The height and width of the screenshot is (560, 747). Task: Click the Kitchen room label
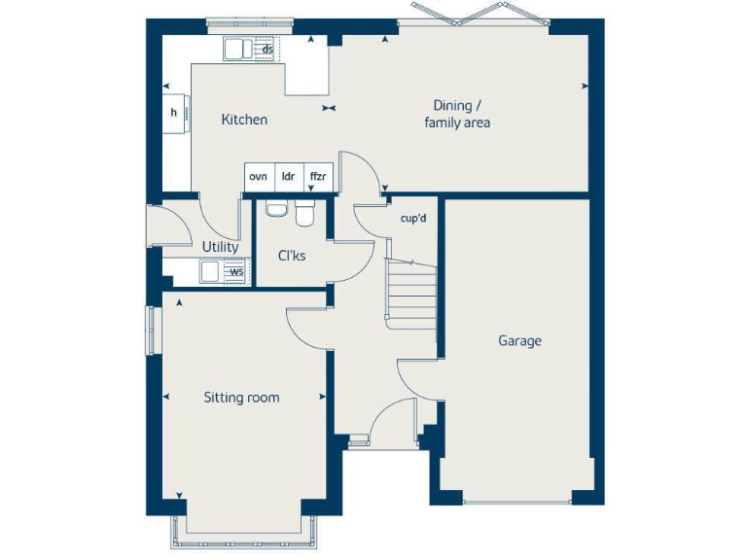pyautogui.click(x=244, y=120)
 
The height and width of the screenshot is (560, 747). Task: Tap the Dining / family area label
pyautogui.click(x=456, y=114)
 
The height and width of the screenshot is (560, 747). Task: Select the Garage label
pyautogui.click(x=519, y=341)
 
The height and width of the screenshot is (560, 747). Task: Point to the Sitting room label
pyautogui.click(x=241, y=398)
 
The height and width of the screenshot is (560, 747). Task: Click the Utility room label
pyautogui.click(x=220, y=247)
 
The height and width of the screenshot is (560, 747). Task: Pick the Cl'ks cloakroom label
pyautogui.click(x=292, y=257)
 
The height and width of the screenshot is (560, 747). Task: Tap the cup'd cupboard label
pyautogui.click(x=413, y=218)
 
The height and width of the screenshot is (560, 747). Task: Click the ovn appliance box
pyautogui.click(x=258, y=177)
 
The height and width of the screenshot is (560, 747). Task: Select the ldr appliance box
pyautogui.click(x=289, y=177)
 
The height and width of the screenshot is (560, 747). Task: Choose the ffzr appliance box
pyautogui.click(x=318, y=177)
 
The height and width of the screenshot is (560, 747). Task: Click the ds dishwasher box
pyautogui.click(x=267, y=48)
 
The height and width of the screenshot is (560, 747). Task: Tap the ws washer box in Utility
pyautogui.click(x=235, y=272)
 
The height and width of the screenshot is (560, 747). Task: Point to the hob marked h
pyautogui.click(x=175, y=113)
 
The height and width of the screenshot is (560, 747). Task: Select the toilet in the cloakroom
pyautogui.click(x=305, y=213)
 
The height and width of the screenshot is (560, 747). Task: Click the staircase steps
pyautogui.click(x=410, y=292)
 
